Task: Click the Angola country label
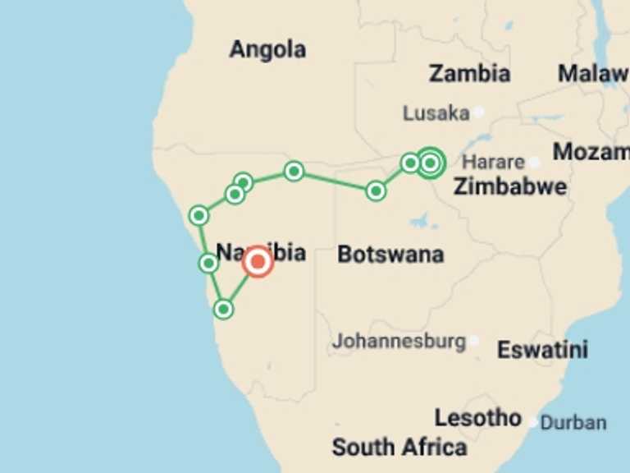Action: pyautogui.click(x=267, y=49)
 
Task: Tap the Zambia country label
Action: pyautogui.click(x=469, y=73)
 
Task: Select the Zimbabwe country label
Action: pyautogui.click(x=509, y=186)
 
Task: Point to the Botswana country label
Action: pyautogui.click(x=390, y=255)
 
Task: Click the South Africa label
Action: pyautogui.click(x=399, y=448)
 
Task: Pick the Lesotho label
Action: pyautogui.click(x=477, y=418)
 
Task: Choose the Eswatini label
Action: pyautogui.click(x=542, y=350)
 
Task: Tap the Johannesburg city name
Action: pyautogui.click(x=399, y=340)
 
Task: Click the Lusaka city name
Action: pyautogui.click(x=436, y=113)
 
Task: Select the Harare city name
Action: pyautogui.click(x=492, y=162)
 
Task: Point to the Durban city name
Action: pyautogui.click(x=573, y=423)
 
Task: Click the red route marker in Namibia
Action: pyautogui.click(x=258, y=262)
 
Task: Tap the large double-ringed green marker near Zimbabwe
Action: pyautogui.click(x=430, y=163)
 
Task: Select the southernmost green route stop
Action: pyautogui.click(x=223, y=309)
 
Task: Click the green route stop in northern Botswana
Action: pyautogui.click(x=376, y=191)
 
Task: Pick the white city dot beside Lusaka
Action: pyautogui.click(x=478, y=112)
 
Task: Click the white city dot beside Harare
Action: pyautogui.click(x=534, y=163)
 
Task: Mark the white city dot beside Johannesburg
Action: pyautogui.click(x=473, y=340)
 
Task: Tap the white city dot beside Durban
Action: pyautogui.click(x=533, y=422)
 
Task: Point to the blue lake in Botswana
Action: pyautogui.click(x=423, y=220)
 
